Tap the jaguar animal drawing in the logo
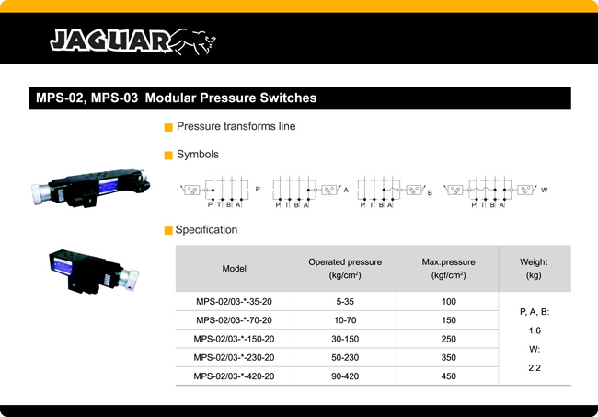tap(193, 41)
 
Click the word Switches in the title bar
tap(288, 98)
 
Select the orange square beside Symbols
tap(168, 156)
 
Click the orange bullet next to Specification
tap(168, 230)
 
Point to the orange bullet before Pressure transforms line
tap(168, 127)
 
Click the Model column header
tap(235, 269)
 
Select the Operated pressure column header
tap(345, 269)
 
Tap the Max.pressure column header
tap(449, 269)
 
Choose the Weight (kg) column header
tap(534, 269)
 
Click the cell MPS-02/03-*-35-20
tap(235, 301)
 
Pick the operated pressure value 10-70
tap(345, 320)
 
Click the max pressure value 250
tap(449, 339)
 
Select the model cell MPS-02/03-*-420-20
tap(235, 376)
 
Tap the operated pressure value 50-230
tap(345, 357)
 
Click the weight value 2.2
tap(535, 368)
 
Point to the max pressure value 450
tap(449, 376)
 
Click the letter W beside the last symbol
tap(545, 190)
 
